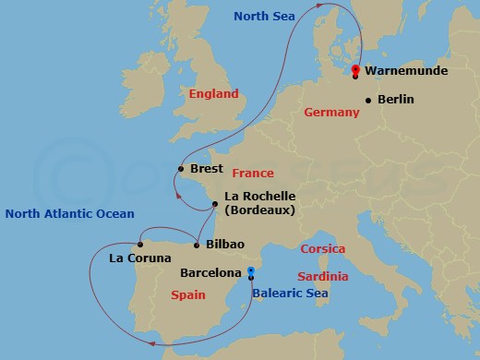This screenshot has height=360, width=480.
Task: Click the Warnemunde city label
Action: coord(407,70)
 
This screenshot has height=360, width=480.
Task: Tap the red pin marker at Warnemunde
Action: coord(355,68)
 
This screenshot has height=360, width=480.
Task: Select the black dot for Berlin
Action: coord(368,100)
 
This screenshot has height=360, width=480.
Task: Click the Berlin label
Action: coord(396,100)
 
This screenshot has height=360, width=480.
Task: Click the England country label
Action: coord(213,94)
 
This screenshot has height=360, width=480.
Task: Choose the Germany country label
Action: coord(330,113)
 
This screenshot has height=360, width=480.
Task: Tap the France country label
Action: coord(253,174)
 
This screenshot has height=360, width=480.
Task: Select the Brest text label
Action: coord(206,169)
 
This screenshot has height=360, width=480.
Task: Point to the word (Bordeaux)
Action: coord(259,210)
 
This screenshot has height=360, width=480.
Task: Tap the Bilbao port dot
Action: coord(196,245)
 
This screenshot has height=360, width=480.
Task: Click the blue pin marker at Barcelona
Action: coord(251,271)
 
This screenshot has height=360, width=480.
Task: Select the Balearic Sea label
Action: coord(290,294)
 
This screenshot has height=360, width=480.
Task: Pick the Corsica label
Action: coord(323,249)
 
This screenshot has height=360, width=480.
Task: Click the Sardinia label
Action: coord(323,277)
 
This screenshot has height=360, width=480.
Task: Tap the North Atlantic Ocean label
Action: coord(69,214)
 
